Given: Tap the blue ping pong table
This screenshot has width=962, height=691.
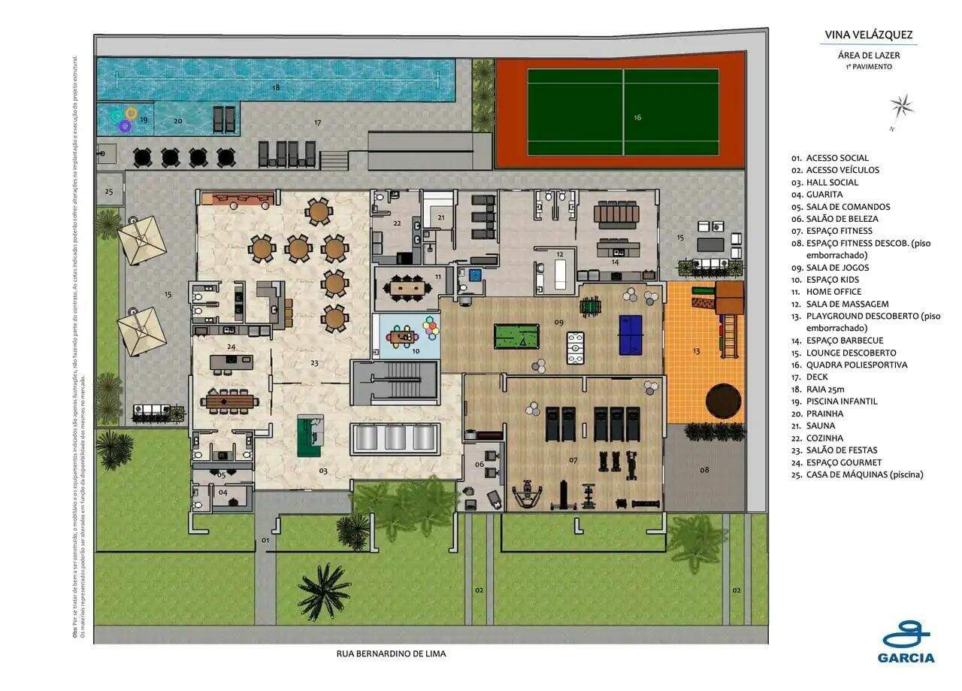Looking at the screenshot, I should [631, 332].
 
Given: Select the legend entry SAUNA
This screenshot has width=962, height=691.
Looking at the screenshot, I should [820, 426].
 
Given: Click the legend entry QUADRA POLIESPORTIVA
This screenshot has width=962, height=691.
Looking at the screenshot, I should [856, 365].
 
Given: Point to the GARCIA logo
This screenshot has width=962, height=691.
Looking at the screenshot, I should [906, 643].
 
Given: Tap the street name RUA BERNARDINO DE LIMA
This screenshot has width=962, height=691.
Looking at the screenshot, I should [391, 653].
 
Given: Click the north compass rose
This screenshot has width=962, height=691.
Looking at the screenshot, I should [902, 106].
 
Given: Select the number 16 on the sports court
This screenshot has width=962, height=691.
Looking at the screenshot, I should [637, 117].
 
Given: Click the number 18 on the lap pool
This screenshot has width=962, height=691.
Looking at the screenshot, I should [276, 88].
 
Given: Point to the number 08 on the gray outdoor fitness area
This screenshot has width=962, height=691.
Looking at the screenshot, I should [704, 470].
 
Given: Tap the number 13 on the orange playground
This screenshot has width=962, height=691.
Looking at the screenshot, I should [696, 351].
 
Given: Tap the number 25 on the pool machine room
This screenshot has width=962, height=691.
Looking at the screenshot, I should [109, 192].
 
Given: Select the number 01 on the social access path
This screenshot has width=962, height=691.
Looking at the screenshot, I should [265, 540].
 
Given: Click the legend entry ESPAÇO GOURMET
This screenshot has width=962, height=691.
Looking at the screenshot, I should [843, 462].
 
